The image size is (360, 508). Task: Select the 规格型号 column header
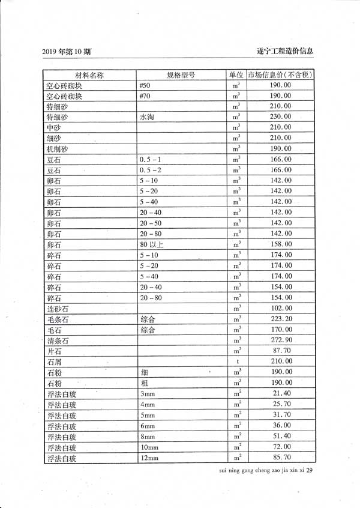pyautogui.click(x=181, y=75)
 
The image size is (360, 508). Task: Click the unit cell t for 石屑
pyautogui.click(x=237, y=361)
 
